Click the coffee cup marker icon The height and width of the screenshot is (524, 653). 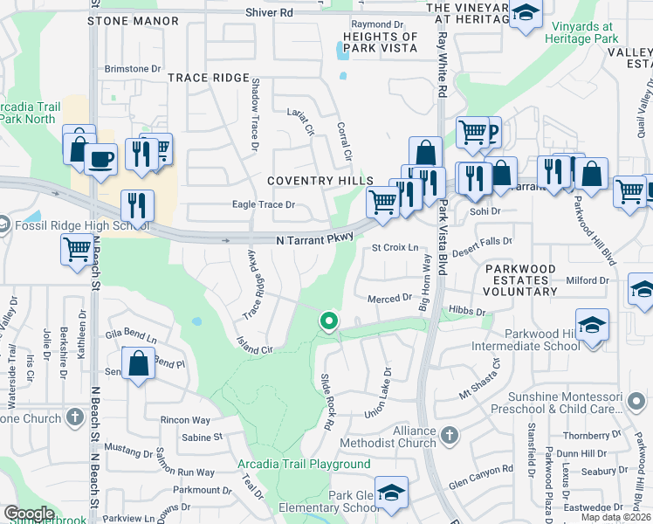pyautogui.click(x=100, y=158)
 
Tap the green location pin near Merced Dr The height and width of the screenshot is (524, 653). pyautogui.click(x=328, y=321)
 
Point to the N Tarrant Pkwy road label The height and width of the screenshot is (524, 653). pyautogui.click(x=314, y=238)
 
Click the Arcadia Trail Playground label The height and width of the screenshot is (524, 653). pyautogui.click(x=304, y=465)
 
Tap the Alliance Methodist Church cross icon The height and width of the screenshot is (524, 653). pyautogui.click(x=449, y=434)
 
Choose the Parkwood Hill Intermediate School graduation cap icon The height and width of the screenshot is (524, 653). pyautogui.click(x=592, y=325)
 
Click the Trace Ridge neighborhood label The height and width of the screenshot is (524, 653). pyautogui.click(x=209, y=78)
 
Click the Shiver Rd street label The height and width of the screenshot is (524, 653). pyautogui.click(x=270, y=13)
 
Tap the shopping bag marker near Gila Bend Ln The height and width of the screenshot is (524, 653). pyautogui.click(x=139, y=362)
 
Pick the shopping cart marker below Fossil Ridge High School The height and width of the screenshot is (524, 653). pyautogui.click(x=77, y=250)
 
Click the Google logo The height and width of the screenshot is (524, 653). pyautogui.click(x=29, y=514)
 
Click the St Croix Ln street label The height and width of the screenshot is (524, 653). pyautogui.click(x=395, y=248)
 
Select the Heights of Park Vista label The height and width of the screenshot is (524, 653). pyautogui.click(x=381, y=42)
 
